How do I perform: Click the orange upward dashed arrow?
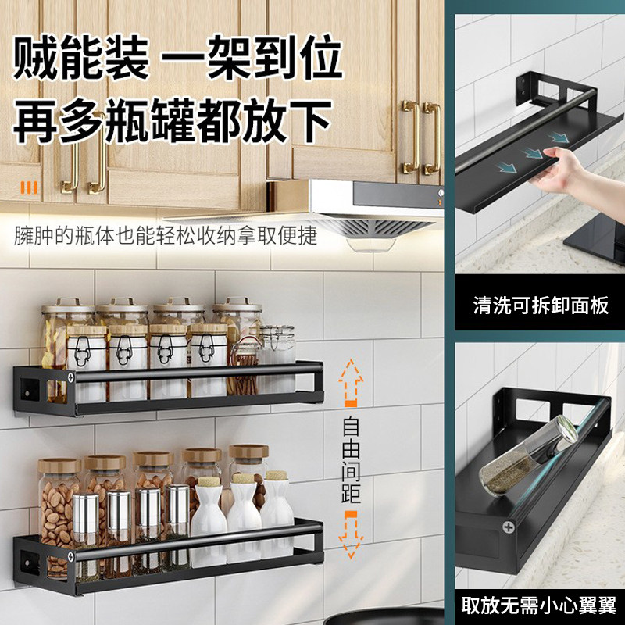point(350,383)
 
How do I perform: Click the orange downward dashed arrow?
point(350,534)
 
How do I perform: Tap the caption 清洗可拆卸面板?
point(541,305)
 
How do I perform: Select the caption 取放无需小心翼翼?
point(539,605)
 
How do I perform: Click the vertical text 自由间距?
point(351,459)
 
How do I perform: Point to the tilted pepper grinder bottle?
point(527,455)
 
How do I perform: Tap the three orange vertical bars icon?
point(29,187)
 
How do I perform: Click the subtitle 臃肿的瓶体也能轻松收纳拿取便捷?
point(166,235)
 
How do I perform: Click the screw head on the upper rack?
point(71,377)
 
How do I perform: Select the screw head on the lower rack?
point(71,557)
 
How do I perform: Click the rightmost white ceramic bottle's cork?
point(277,475)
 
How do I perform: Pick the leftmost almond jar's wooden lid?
point(59,466)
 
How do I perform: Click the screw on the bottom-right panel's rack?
point(509,527)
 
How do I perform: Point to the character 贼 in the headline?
point(36,58)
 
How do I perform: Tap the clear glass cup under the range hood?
point(370,245)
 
